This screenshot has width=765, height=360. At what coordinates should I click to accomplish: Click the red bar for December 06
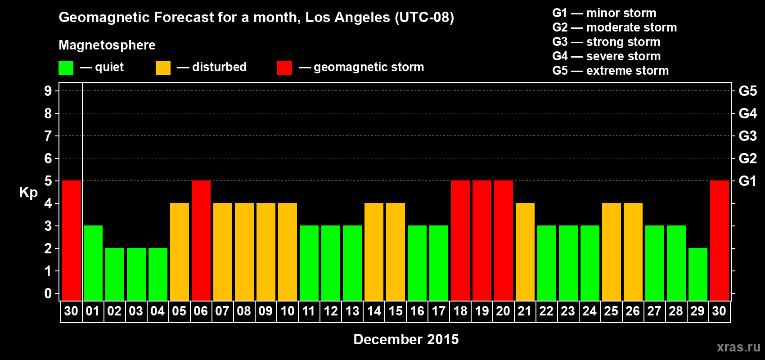[201, 240]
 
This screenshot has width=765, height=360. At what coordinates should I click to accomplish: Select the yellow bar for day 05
[180, 252]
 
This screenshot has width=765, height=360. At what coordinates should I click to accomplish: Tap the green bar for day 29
[697, 274]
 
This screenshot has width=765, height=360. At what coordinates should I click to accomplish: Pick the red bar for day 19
[482, 240]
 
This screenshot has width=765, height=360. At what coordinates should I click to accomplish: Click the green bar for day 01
[93, 263]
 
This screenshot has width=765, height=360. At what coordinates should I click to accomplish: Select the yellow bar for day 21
[525, 252]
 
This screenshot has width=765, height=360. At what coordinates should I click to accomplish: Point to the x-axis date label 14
[374, 311]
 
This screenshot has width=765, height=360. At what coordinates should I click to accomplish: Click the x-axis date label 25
[611, 311]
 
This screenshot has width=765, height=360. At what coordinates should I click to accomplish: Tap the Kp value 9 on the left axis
[48, 91]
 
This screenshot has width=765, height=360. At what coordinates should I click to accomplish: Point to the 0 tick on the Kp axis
[48, 293]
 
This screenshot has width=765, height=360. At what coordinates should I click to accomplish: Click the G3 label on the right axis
[747, 136]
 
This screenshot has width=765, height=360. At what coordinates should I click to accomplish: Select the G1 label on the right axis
[747, 181]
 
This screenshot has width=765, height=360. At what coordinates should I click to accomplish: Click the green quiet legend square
[66, 68]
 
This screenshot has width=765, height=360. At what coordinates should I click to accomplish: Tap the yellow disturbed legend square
[163, 68]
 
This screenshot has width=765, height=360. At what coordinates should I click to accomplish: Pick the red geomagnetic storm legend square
[284, 68]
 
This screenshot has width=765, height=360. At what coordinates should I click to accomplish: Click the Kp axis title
[28, 192]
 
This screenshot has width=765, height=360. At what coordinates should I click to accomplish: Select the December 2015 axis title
[406, 339]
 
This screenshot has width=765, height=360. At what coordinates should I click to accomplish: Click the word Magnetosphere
[107, 45]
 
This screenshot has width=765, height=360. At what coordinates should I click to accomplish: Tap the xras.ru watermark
[738, 347]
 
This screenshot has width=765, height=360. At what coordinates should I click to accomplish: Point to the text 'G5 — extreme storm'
[610, 71]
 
